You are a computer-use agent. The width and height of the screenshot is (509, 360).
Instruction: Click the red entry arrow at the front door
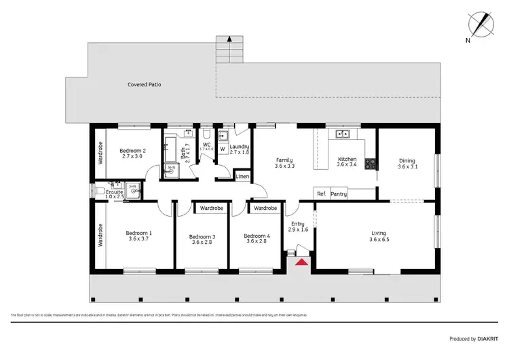(301, 260)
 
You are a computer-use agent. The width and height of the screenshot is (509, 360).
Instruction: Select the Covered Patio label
(145, 85)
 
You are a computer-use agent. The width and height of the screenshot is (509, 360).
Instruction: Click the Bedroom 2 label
(133, 150)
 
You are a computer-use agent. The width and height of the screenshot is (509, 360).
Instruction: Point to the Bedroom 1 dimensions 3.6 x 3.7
(138, 240)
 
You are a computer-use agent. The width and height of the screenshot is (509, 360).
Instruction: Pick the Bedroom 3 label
(202, 236)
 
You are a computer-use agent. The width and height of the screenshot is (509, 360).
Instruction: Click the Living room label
(377, 233)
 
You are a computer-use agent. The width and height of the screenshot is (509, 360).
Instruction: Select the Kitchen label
(347, 159)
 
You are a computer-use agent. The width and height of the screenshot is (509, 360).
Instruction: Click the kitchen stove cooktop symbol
(371, 163)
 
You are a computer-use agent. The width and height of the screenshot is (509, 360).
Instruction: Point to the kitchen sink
(343, 134)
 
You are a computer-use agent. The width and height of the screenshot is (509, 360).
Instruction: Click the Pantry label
(339, 194)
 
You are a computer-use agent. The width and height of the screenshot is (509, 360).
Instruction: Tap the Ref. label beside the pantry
(321, 194)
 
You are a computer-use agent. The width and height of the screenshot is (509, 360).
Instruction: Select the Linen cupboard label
(242, 177)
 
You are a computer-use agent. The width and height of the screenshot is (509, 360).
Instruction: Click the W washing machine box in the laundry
(222, 149)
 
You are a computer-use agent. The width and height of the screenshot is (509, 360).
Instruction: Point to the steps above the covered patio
(229, 50)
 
